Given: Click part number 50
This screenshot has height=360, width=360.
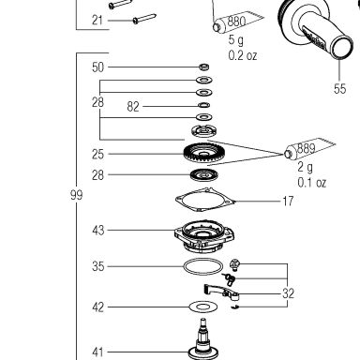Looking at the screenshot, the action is tap(97, 67).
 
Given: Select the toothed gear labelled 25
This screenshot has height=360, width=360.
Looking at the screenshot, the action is tap(204, 153).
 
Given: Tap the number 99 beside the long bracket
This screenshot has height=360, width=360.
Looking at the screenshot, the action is tap(76, 195).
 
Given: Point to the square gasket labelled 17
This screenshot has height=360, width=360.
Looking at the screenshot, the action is tap(205, 200).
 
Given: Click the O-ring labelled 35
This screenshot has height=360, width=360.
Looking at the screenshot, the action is tap(203, 267).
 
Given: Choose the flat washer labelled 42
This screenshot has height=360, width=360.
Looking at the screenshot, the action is tap(203, 307).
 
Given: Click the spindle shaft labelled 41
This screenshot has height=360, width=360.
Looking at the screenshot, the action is tap(203, 340).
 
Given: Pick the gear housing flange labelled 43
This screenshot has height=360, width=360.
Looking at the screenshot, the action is tap(204, 236).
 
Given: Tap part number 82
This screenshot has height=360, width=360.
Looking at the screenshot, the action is tap(133, 107).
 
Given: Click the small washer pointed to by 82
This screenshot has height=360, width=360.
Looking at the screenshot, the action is tap(203, 105).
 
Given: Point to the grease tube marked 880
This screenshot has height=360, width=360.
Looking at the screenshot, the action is tap(238, 21).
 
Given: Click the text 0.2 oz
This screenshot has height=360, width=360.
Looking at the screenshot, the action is tap(243, 55).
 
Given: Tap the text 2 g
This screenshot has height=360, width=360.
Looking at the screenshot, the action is tap(305, 167).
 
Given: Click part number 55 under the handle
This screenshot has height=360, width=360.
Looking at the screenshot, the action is tap(339, 88).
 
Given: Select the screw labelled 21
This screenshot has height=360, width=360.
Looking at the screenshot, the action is tap(144, 19).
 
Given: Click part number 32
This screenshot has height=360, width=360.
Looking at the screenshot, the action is tap(288, 293).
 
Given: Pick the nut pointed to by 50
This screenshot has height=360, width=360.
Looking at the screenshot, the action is tap(204, 67).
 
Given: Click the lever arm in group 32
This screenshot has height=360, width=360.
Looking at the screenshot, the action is tap(221, 292).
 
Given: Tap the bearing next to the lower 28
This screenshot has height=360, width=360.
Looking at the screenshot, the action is tap(204, 174).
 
